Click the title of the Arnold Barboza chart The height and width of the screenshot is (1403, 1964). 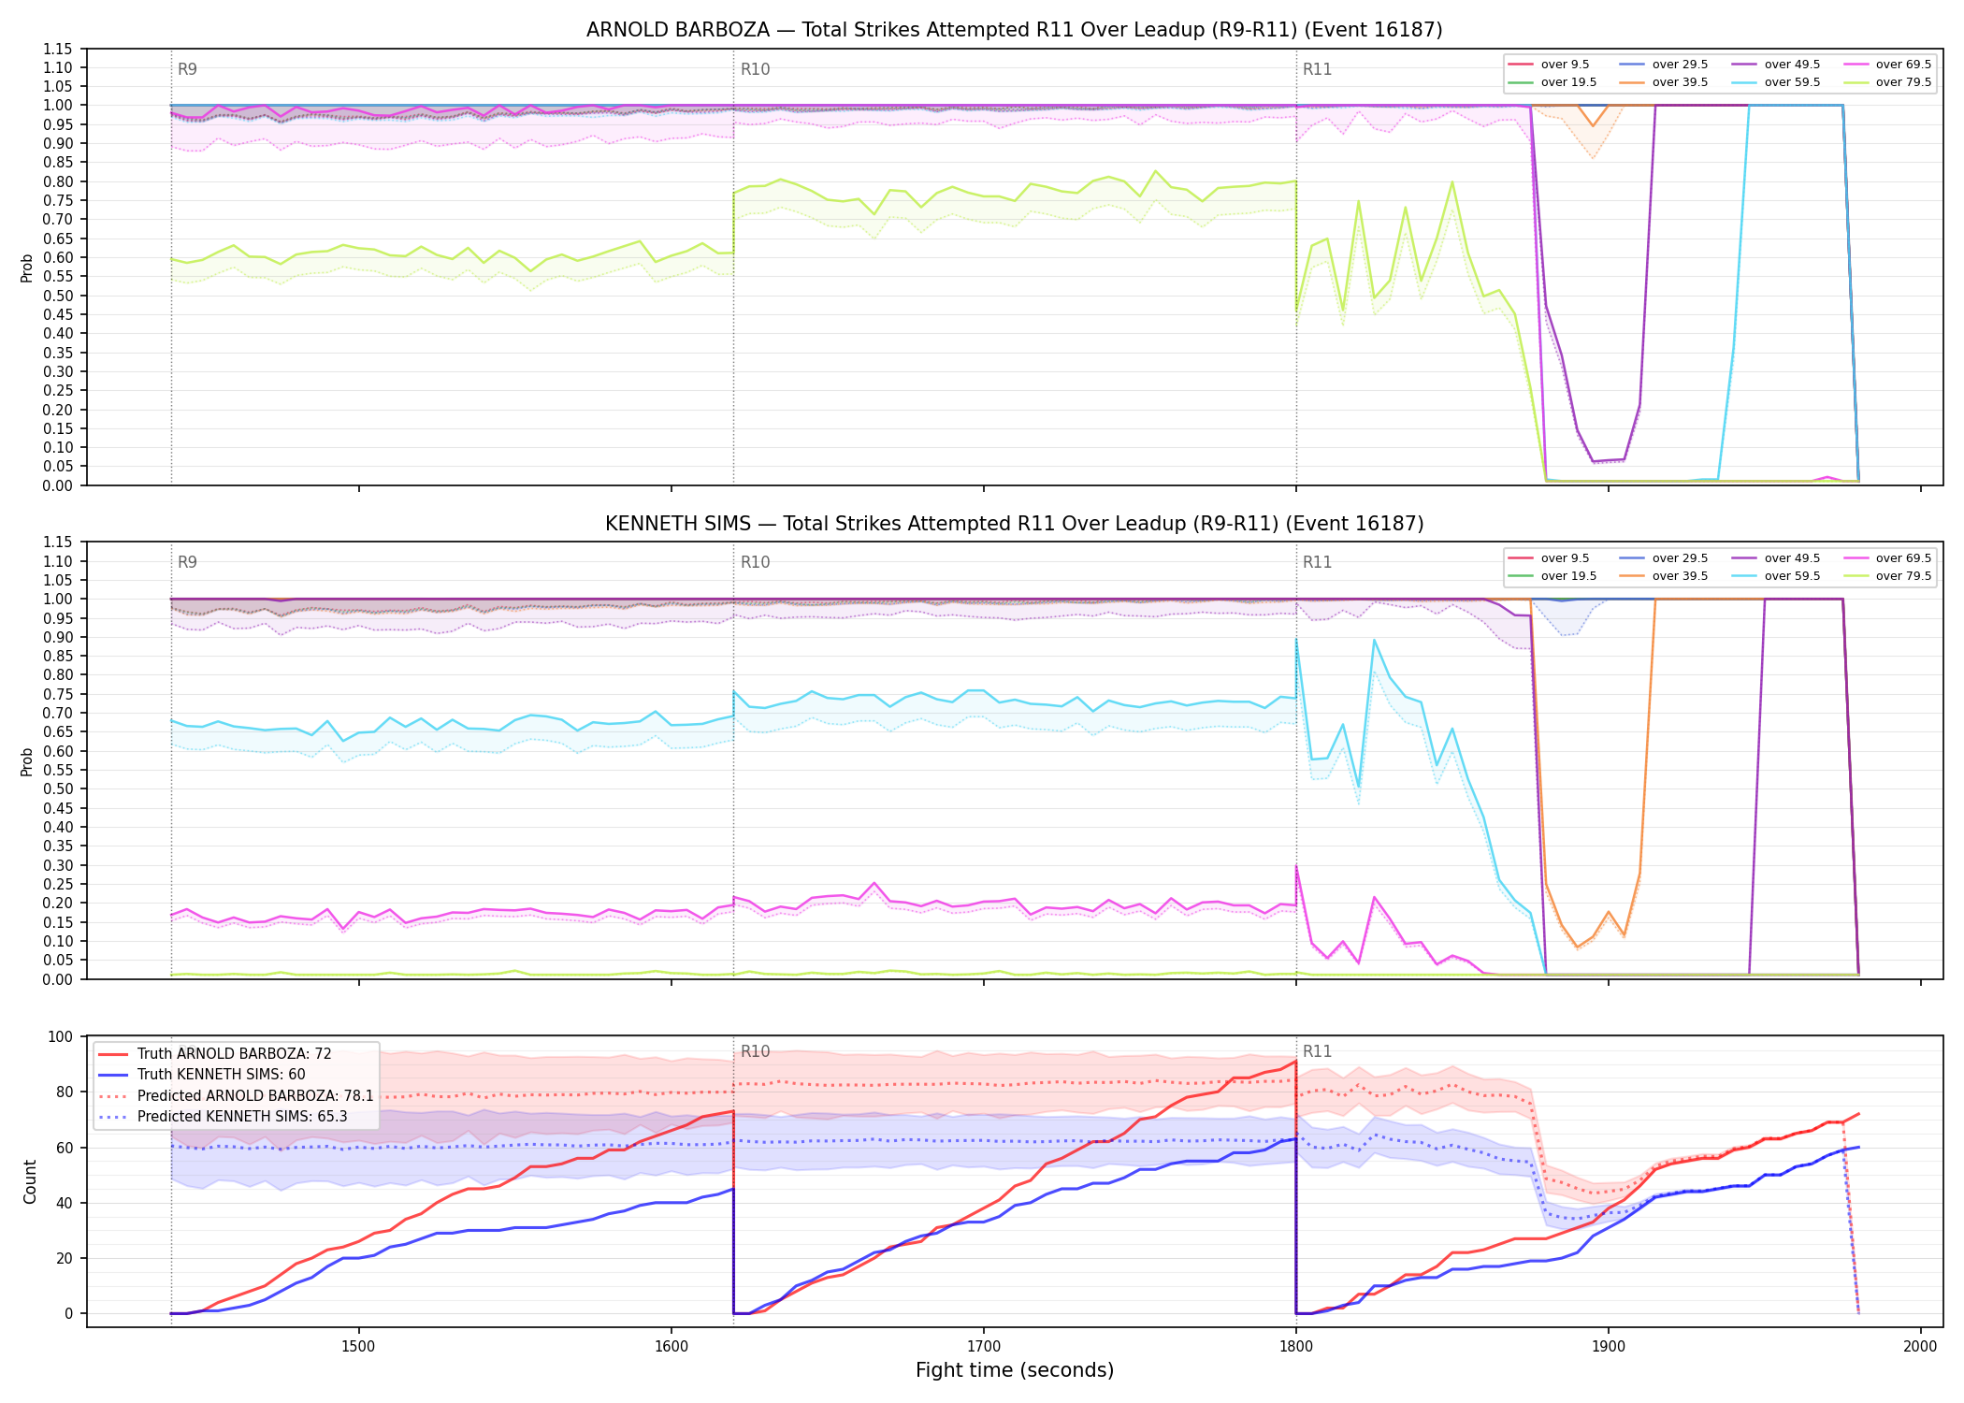pyautogui.click(x=1014, y=30)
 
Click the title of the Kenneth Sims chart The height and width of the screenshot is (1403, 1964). pyautogui.click(x=1014, y=524)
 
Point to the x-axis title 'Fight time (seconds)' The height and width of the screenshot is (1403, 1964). pyautogui.click(x=1015, y=1370)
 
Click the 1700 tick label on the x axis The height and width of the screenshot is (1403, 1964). pyautogui.click(x=983, y=1346)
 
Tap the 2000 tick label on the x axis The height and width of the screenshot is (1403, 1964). pyautogui.click(x=1920, y=1346)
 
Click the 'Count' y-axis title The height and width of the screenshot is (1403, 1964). pyautogui.click(x=30, y=1182)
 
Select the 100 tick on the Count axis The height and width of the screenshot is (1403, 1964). pyautogui.click(x=61, y=1036)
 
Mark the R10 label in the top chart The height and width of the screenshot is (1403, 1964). pyautogui.click(x=755, y=69)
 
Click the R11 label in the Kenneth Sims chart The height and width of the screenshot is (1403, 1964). pyautogui.click(x=1317, y=562)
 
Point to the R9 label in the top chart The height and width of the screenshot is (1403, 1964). pyautogui.click(x=187, y=69)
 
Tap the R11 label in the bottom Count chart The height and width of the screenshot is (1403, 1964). pyautogui.click(x=1317, y=1051)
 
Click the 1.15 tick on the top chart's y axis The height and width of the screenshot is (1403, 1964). pyautogui.click(x=58, y=49)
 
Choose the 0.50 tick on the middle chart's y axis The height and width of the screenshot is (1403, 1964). pyautogui.click(x=58, y=788)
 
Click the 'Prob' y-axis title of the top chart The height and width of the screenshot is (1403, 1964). pyautogui.click(x=27, y=268)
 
